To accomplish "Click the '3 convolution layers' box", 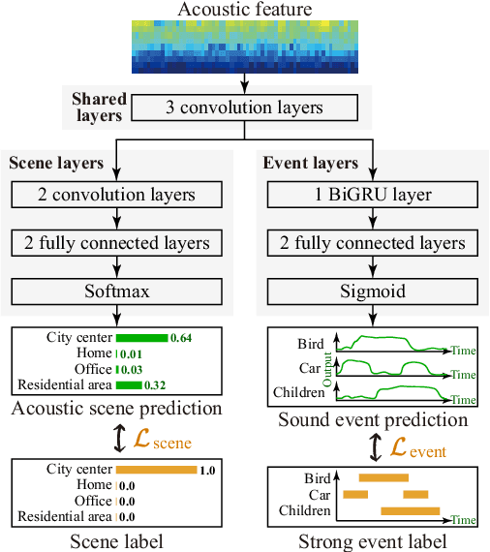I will point(244,107).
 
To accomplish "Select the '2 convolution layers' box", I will point(116,195).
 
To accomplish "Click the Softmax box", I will point(116,290).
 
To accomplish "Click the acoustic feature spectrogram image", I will point(244,47).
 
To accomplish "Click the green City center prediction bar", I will point(141,338).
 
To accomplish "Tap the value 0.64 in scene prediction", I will point(181,338).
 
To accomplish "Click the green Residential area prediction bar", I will point(129,384).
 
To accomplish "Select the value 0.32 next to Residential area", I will point(156,384).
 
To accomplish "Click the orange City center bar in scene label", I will point(156,470).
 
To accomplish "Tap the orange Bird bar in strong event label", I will point(383,477).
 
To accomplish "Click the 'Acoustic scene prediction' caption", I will point(116,409).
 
